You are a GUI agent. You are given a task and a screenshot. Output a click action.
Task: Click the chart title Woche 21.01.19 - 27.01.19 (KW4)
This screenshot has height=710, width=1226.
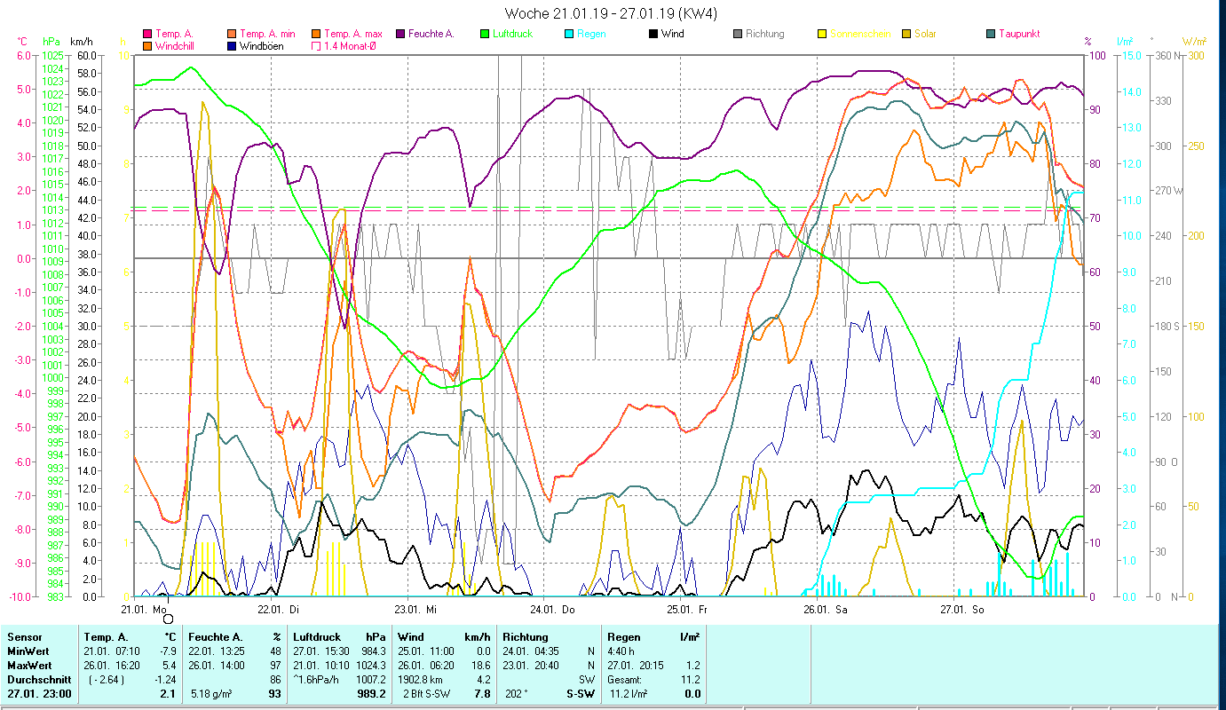tap(612, 13)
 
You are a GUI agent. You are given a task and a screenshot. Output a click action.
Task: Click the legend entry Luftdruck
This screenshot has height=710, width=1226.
tap(512, 34)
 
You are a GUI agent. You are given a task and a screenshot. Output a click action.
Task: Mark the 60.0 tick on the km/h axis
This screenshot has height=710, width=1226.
tap(86, 55)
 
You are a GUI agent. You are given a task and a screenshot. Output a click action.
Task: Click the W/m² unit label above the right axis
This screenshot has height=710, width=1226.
tap(1192, 41)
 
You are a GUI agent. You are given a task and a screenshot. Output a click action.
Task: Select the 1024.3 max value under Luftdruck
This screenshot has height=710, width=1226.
tap(370, 665)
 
